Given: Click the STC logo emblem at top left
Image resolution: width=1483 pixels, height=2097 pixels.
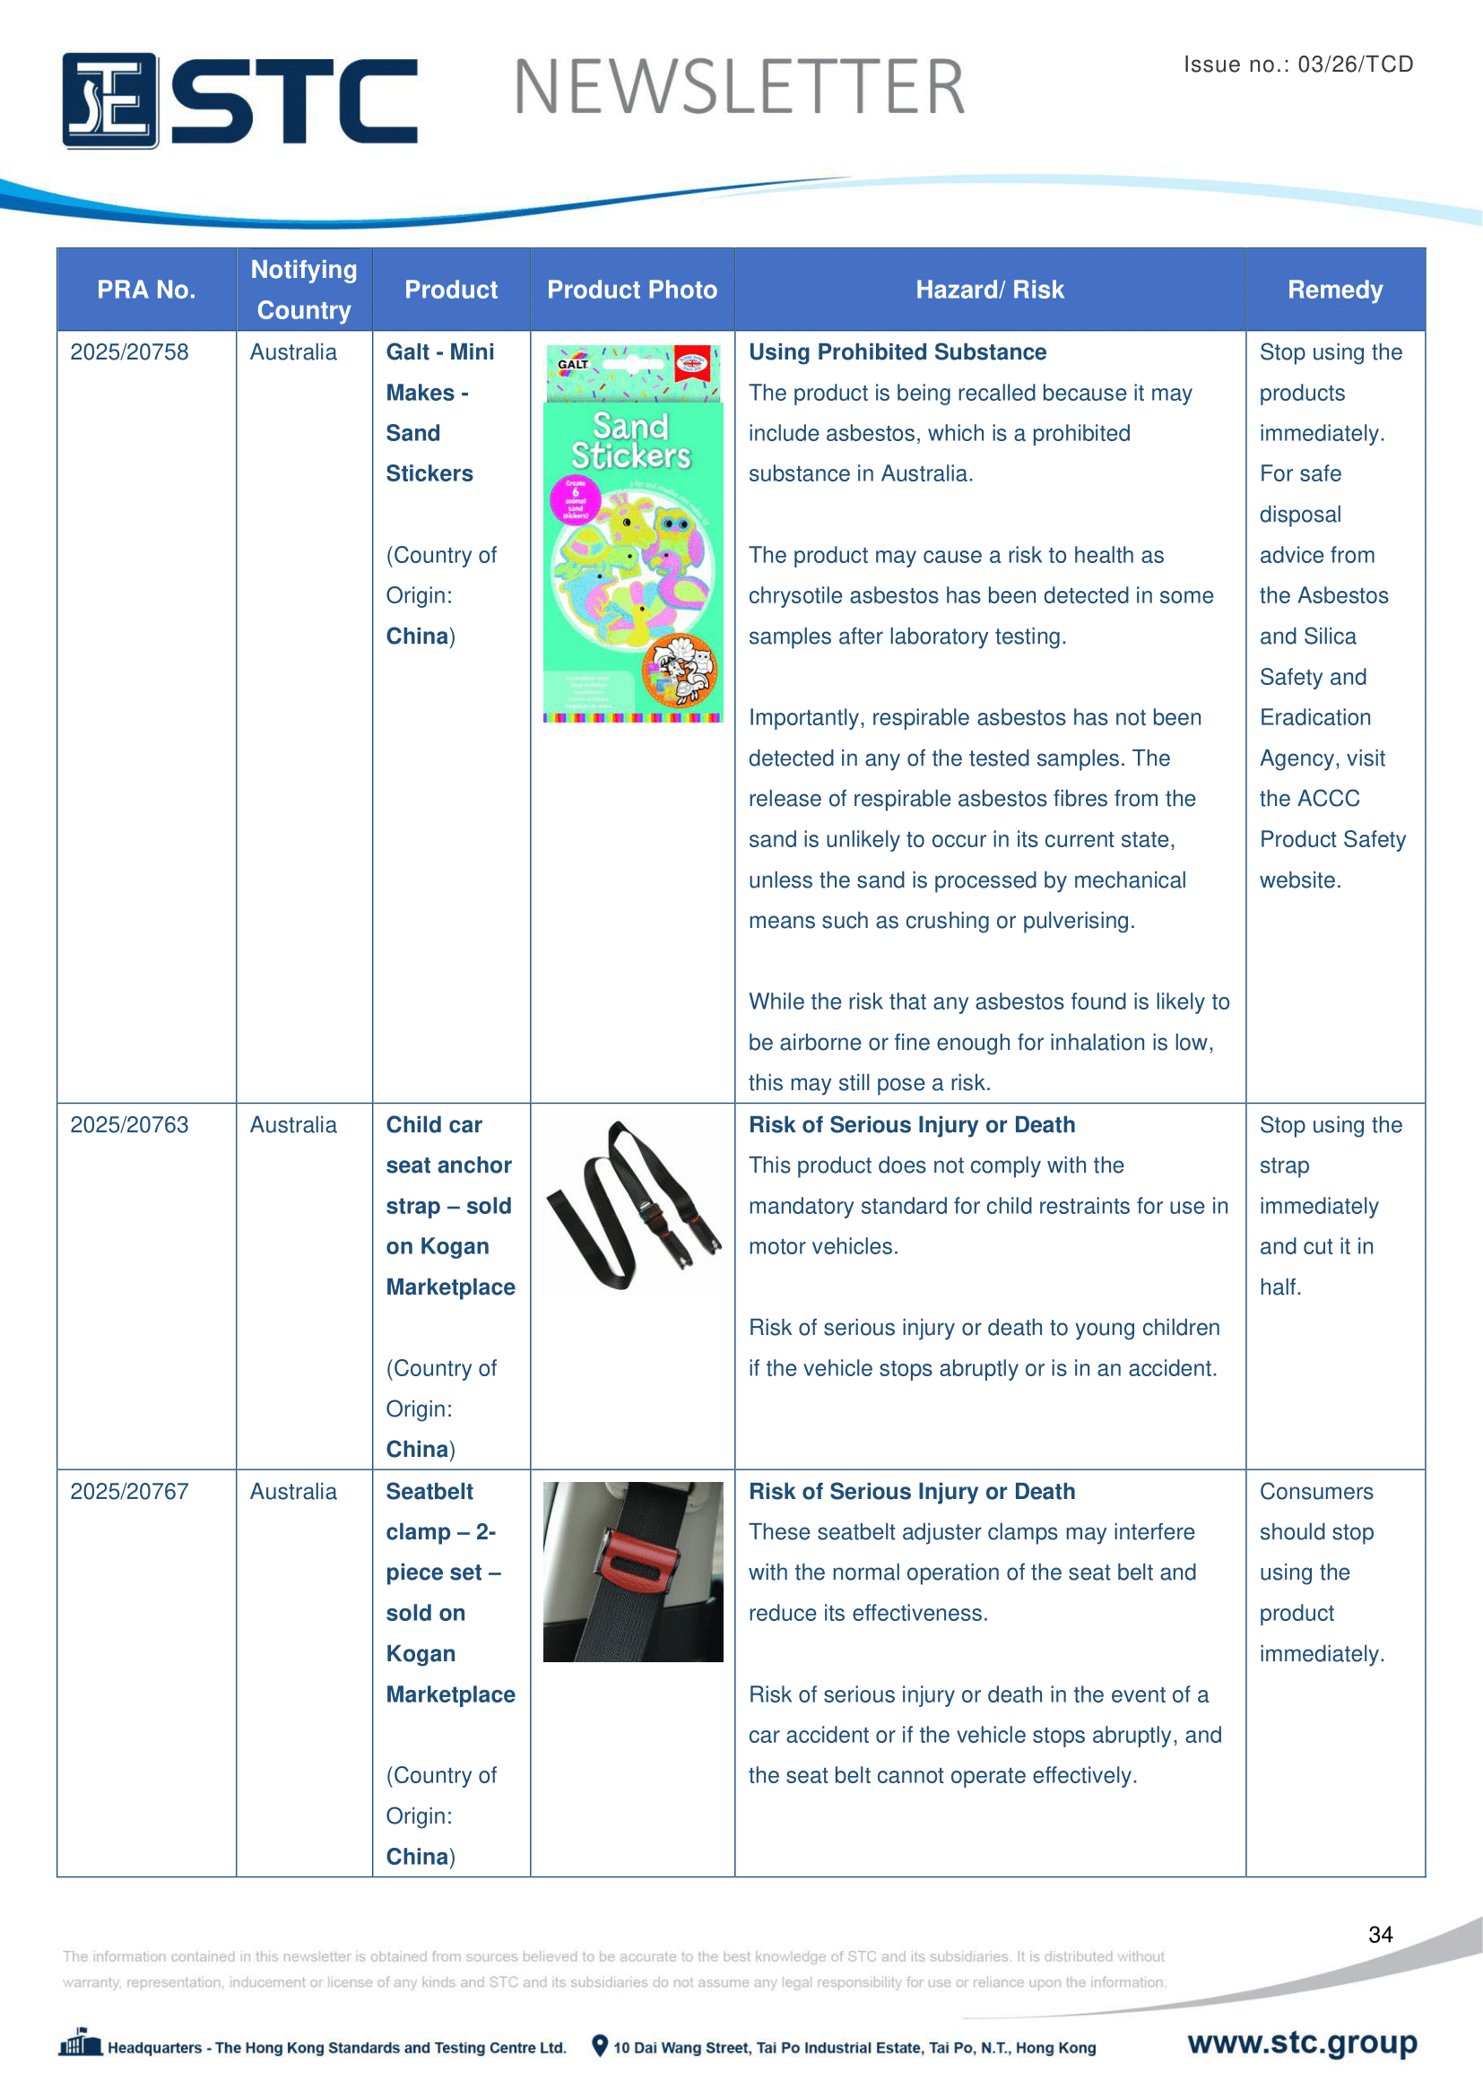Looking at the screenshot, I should pos(109,100).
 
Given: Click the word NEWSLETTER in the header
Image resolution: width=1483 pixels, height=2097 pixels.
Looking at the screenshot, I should pos(739,88).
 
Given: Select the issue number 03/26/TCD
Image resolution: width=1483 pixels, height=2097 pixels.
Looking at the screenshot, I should pos(1355,64).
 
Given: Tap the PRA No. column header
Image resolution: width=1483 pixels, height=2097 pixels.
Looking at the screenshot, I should pos(146,290).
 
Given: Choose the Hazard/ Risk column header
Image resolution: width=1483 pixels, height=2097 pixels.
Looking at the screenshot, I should pos(989,290).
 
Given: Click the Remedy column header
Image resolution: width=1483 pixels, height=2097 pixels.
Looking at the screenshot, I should pos(1334,290).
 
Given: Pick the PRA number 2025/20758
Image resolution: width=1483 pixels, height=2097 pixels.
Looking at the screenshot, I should pos(130,352).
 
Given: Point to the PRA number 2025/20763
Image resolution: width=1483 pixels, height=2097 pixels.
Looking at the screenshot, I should pos(130,1124).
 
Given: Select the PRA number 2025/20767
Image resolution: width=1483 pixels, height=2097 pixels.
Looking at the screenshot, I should pos(130,1492).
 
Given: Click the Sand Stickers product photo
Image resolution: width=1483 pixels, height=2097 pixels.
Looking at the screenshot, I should pos(632,534).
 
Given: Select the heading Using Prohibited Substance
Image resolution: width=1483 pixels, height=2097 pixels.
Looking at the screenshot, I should pos(897,352).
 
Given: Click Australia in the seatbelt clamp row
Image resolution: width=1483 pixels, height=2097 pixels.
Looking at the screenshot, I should pos(293,1492).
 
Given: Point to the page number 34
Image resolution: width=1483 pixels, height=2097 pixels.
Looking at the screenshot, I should pos(1380,1935).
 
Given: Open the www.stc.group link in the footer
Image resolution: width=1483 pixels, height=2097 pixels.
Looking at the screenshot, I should pos(1302,2042).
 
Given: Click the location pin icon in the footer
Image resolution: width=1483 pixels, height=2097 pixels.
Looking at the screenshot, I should pos(600,2046).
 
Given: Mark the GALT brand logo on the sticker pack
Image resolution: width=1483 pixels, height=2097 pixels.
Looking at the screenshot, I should pos(573,363).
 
